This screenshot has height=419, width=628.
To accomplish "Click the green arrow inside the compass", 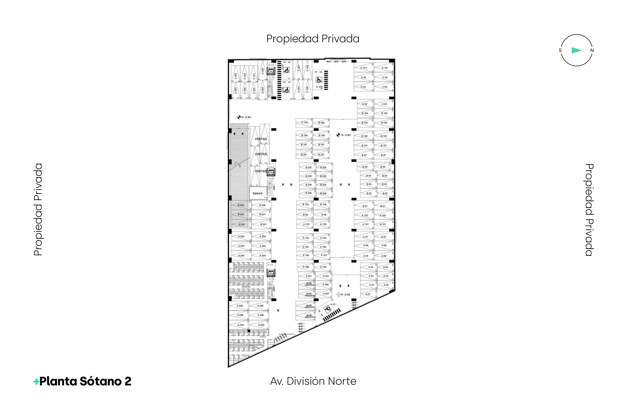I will [576, 50].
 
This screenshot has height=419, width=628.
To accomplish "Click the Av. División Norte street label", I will [313, 381].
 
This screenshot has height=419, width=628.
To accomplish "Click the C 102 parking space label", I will [319, 87].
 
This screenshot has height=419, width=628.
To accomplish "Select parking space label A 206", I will [326, 285].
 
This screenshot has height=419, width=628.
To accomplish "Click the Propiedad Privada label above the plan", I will [313, 39].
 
